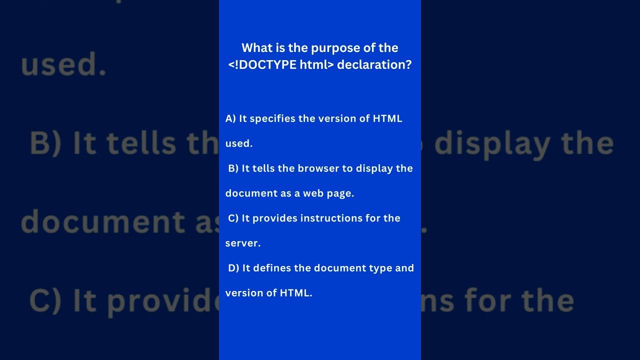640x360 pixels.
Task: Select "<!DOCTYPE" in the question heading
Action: tap(262, 64)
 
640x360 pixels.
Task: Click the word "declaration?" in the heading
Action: tap(374, 64)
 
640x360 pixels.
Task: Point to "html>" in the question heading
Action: tap(316, 64)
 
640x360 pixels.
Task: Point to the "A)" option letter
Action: tap(230, 118)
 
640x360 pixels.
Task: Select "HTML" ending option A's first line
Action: tap(387, 118)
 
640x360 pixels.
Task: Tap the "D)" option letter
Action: tap(233, 268)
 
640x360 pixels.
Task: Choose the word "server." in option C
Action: tap(243, 243)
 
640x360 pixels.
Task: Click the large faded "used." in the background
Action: tap(63, 64)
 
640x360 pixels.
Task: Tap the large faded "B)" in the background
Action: tap(45, 143)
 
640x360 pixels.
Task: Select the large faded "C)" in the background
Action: tap(45, 300)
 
